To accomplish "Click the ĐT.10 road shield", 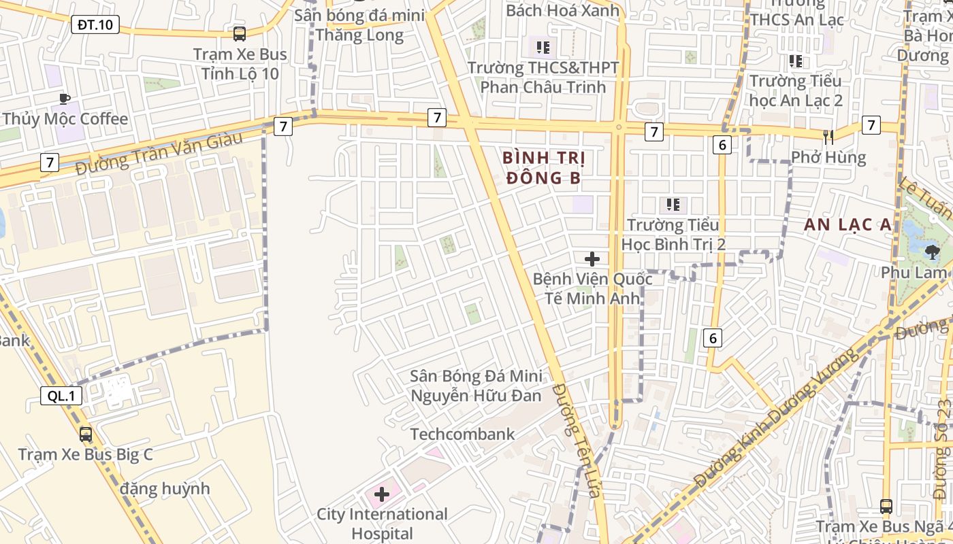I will coord(95,25).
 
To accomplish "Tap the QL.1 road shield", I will coord(61,396).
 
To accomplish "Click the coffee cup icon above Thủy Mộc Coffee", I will coord(65,99).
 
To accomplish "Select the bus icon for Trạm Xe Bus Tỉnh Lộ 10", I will coord(240,33).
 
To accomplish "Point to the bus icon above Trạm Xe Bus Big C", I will coord(86,434).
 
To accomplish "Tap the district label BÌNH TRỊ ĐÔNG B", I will coord(544,168).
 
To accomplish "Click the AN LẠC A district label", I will coord(847,225).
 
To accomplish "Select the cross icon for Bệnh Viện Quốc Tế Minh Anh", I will coord(592,259).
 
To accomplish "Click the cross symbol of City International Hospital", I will coord(382,494).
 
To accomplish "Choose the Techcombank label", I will coord(462,434).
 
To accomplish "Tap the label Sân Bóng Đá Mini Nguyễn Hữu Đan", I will coord(476,386).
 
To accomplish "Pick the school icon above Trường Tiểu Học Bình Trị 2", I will coord(673,205).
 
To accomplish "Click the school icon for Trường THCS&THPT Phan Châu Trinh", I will coord(543,48).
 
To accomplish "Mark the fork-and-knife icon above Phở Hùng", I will coord(828,137).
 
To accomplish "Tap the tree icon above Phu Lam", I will coord(932,253).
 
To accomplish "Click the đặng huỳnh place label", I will coord(165,488).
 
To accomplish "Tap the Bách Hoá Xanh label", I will coord(563,10).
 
